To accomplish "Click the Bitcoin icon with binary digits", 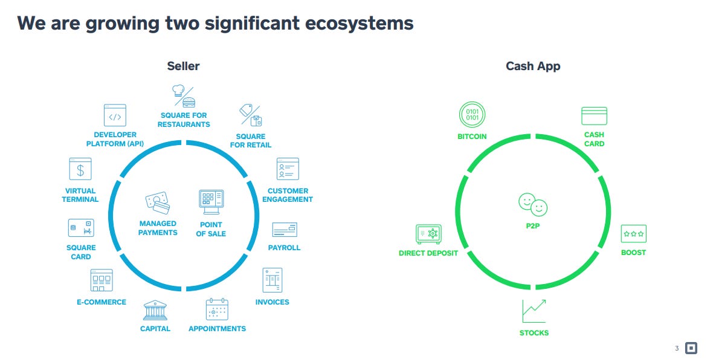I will click(472, 114).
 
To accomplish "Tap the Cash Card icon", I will click(594, 115).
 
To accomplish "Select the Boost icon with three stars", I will click(633, 233).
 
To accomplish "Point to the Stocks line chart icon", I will click(534, 311).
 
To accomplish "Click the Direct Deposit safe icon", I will click(428, 234).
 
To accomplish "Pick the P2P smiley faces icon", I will click(533, 204).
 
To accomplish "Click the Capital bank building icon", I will click(155, 311).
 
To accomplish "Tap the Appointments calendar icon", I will click(217, 309).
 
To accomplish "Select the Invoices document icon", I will click(272, 280).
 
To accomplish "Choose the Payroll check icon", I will click(284, 230).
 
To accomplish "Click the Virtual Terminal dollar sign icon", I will click(80, 169).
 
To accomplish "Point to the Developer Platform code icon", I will click(115, 115).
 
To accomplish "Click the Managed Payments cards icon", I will click(157, 202).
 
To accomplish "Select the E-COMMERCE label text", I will click(102, 302).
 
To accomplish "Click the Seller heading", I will click(183, 66).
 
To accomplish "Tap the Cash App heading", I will click(533, 66).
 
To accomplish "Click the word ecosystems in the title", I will click(359, 23).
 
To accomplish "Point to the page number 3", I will click(677, 348).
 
